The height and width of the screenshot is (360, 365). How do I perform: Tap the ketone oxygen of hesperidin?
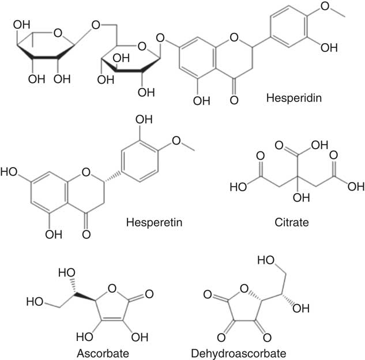pos(234,100)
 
